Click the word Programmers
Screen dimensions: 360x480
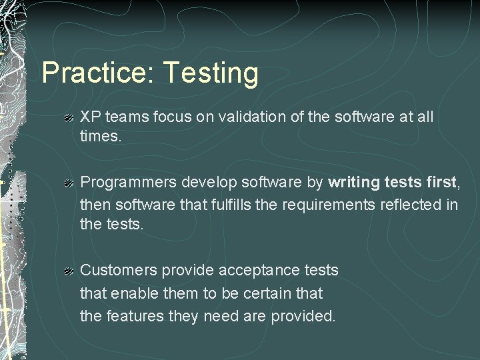pos(128,183)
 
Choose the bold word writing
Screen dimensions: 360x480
pos(355,182)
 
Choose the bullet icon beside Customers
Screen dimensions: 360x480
pos(68,271)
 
